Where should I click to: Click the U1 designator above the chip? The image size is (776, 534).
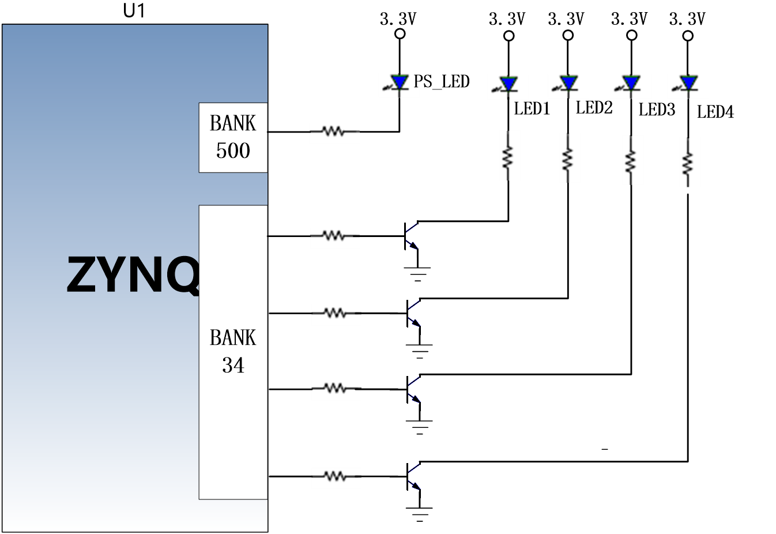[x=134, y=11]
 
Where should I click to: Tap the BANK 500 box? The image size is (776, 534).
[x=233, y=138]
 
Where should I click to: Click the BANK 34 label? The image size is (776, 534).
[x=233, y=351]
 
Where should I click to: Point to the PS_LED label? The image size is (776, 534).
[x=442, y=82]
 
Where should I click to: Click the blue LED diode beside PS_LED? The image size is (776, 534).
[x=400, y=82]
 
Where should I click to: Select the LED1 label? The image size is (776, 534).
[x=532, y=109]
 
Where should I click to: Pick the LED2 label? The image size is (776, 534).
[x=594, y=107]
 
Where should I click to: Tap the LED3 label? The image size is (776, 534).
[x=657, y=110]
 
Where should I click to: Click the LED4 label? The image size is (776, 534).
[x=715, y=111]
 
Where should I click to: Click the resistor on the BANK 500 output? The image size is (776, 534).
[x=334, y=131]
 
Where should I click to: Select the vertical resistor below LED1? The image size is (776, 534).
[x=508, y=157]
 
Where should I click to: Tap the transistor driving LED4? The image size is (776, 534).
[x=413, y=476]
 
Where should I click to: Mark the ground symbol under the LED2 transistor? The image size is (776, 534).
[x=420, y=351]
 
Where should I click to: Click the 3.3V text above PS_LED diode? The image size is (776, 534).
[x=398, y=18]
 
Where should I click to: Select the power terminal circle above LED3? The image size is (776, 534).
[x=632, y=35]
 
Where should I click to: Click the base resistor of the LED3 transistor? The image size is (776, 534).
[x=336, y=389]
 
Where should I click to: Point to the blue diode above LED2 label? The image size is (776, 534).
[x=568, y=83]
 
